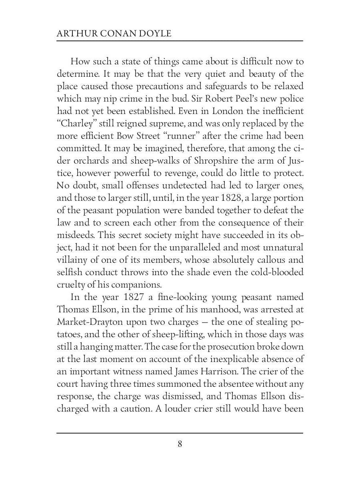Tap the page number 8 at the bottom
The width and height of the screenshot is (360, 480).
coord(180,444)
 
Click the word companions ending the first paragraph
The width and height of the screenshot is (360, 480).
coord(138,285)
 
